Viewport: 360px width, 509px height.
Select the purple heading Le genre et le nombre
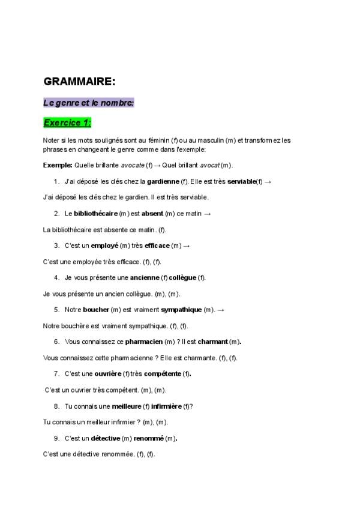88,103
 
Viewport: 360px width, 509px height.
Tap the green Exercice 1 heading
67,122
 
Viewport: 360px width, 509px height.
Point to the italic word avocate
132,165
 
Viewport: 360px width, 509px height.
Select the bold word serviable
241,181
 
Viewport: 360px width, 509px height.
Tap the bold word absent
152,213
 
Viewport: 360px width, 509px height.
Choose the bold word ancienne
145,277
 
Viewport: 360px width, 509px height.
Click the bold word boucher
96,310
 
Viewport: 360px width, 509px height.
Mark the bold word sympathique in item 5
182,310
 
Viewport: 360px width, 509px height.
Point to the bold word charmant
212,342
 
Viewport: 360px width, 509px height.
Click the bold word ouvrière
107,374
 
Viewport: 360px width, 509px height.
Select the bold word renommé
148,438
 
